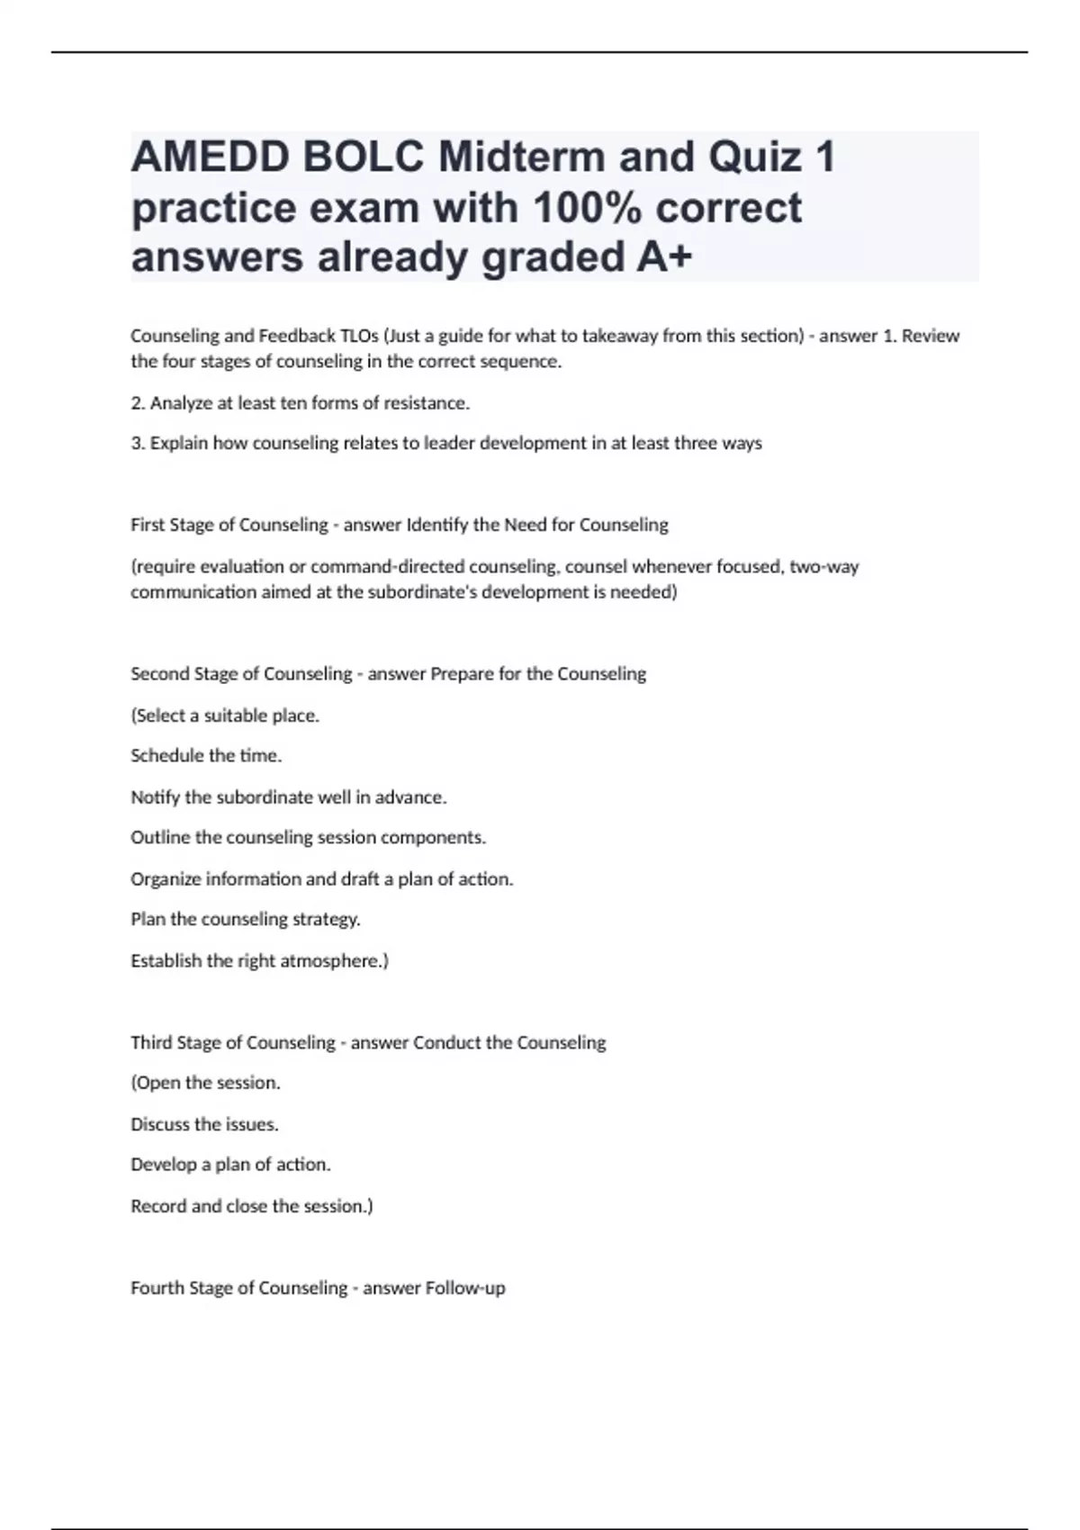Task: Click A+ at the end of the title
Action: click(664, 257)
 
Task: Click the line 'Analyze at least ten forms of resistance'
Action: click(300, 403)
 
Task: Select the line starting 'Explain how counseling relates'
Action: click(445, 443)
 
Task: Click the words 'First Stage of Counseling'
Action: click(229, 525)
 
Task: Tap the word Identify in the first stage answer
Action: click(438, 525)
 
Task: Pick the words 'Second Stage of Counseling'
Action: click(241, 674)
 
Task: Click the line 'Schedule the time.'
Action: click(206, 756)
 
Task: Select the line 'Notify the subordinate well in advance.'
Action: click(288, 797)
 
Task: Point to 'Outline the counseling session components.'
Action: click(308, 838)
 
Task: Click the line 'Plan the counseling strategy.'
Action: click(245, 920)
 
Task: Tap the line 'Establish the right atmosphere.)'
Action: click(259, 961)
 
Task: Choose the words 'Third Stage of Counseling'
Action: click(232, 1043)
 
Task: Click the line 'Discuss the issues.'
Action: click(204, 1124)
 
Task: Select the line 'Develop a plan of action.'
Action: click(230, 1165)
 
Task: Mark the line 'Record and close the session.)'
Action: click(251, 1206)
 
